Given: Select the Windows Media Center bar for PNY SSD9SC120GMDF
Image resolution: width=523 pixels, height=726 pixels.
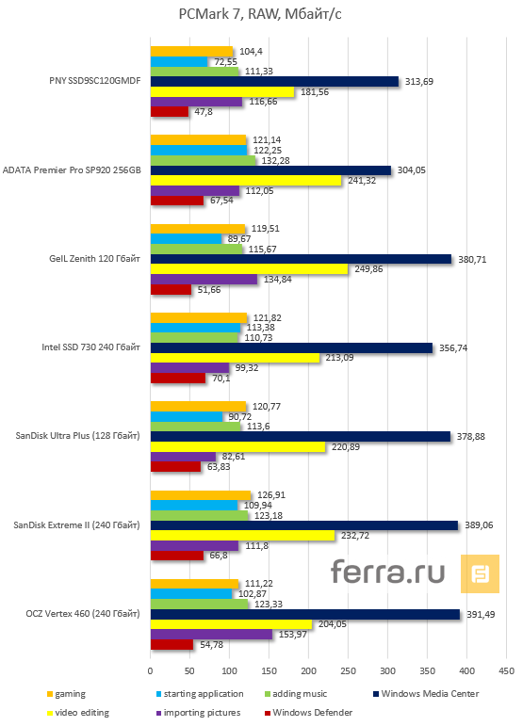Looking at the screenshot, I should [274, 82].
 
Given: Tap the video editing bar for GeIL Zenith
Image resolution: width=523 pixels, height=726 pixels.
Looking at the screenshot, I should [250, 268].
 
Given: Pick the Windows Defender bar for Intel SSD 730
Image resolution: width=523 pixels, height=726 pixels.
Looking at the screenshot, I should [178, 379].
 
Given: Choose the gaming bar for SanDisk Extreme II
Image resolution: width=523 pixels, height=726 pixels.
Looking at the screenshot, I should [201, 494].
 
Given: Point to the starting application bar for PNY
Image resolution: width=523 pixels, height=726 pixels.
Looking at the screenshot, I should [179, 61].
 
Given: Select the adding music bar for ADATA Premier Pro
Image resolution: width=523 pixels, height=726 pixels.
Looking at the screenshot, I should [203, 160].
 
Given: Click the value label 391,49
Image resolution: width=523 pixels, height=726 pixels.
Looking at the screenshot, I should [481, 613].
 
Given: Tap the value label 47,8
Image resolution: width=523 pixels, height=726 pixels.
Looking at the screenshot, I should [204, 112].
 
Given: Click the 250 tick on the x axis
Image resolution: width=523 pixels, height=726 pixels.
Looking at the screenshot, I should [348, 670].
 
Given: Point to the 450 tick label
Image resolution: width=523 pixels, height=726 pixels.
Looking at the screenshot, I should [506, 670].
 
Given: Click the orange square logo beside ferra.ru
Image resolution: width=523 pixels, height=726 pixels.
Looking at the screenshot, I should [480, 573].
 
